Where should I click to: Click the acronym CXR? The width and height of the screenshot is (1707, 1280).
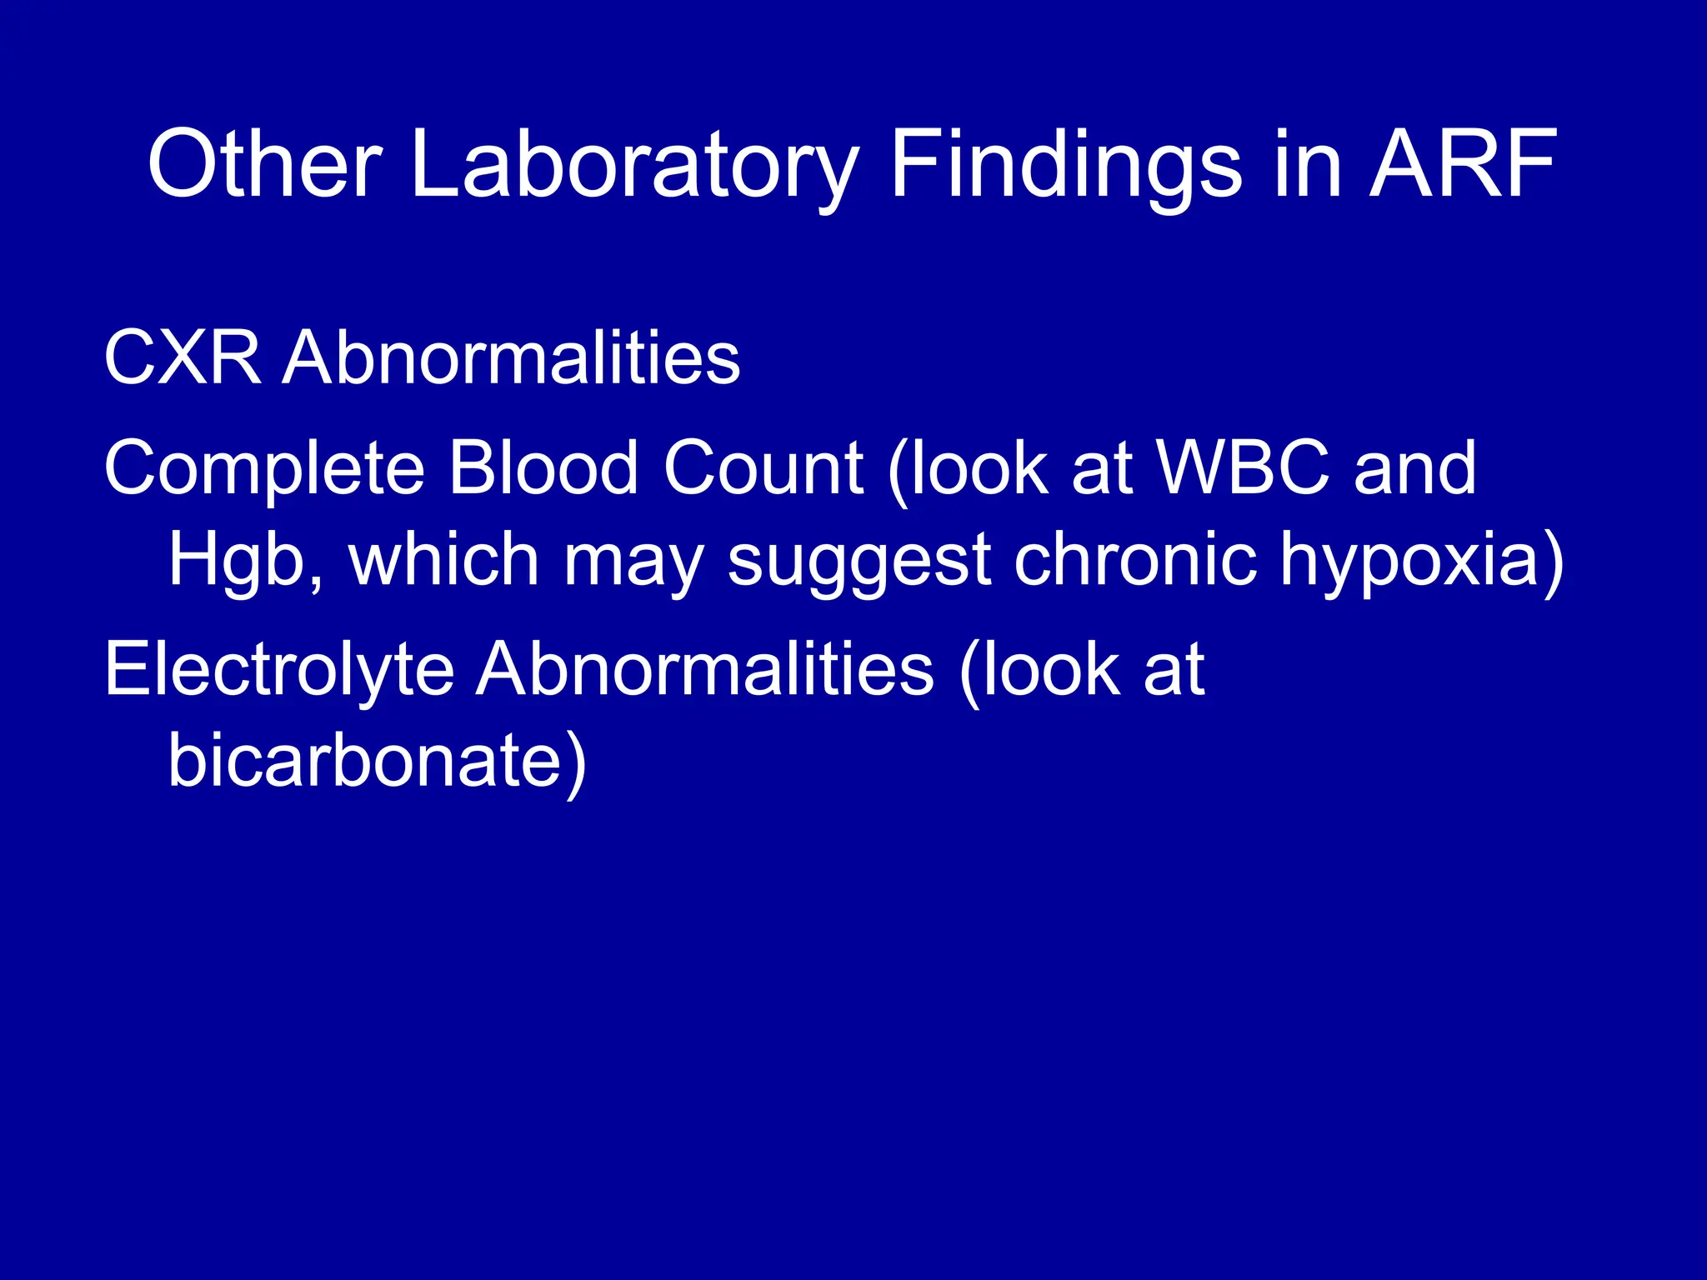click(x=183, y=358)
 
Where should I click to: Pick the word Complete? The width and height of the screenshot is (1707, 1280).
click(x=264, y=468)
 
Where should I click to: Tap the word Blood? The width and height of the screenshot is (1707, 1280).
click(x=543, y=468)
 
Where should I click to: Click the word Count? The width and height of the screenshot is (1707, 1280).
click(x=763, y=468)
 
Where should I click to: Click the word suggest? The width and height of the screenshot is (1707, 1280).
click(x=859, y=560)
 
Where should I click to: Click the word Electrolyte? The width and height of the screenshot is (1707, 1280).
click(x=279, y=670)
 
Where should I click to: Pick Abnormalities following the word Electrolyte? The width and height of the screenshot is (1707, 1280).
click(x=705, y=670)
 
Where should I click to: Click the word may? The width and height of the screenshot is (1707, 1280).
click(x=634, y=560)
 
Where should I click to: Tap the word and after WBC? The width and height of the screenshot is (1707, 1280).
click(x=1414, y=468)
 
